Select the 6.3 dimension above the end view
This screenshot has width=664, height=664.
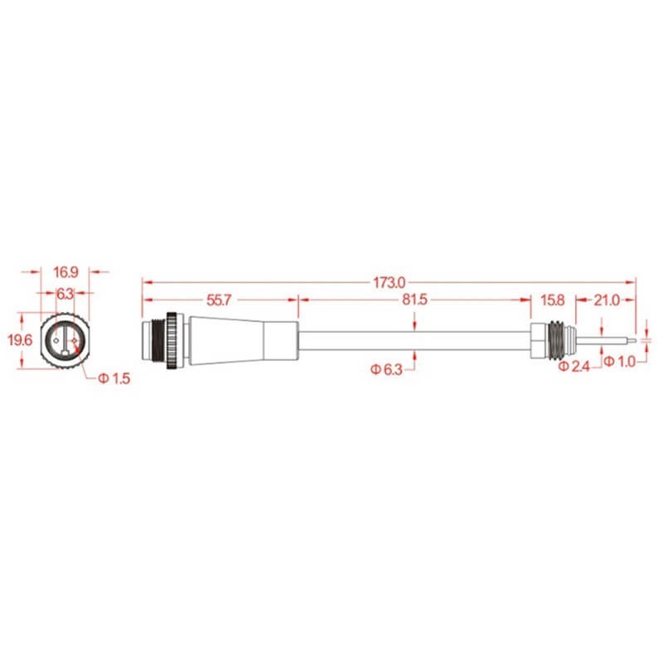(65, 293)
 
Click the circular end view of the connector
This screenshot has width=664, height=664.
(65, 339)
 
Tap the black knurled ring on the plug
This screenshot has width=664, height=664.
(172, 340)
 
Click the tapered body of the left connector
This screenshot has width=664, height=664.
(228, 340)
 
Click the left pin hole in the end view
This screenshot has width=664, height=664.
(55, 339)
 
